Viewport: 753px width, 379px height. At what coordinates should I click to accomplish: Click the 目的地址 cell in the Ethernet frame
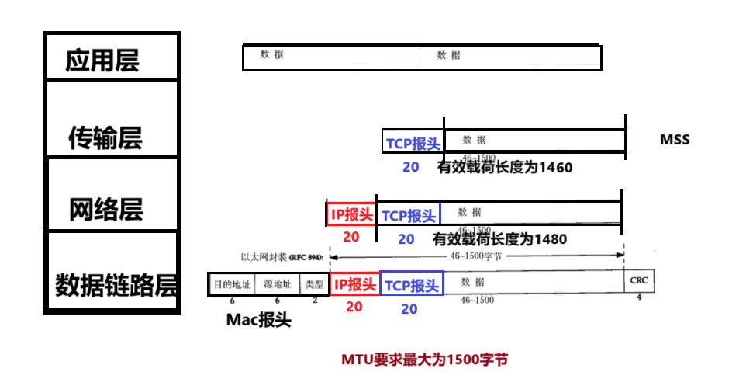tap(232, 284)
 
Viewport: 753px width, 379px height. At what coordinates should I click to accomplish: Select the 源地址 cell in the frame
tap(277, 284)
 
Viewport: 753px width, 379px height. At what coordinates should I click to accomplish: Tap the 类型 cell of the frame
tap(314, 284)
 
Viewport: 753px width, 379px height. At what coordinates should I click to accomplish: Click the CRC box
tap(639, 280)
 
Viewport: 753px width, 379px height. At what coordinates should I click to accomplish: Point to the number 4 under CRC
tap(639, 297)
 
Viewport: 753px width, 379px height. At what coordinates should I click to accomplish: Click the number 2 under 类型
tap(315, 300)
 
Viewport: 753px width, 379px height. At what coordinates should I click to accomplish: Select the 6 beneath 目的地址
tap(232, 301)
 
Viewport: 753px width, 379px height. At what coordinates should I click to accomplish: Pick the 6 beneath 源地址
tap(277, 301)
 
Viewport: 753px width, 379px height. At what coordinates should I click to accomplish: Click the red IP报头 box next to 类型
tap(354, 283)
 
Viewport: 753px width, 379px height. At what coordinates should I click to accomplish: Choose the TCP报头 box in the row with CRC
tap(411, 283)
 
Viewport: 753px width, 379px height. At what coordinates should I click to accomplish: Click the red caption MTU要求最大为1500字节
tap(425, 360)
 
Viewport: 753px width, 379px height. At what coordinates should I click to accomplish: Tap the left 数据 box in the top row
tap(331, 55)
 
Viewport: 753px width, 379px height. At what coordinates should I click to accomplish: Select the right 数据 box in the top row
tap(509, 55)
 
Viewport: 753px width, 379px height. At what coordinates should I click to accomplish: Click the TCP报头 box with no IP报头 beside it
tap(413, 143)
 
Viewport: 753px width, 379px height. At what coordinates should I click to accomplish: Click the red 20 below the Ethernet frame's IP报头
tap(354, 307)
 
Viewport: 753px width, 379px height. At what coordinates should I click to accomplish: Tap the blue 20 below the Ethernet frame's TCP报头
tap(409, 309)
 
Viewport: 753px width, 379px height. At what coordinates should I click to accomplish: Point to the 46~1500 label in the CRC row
tap(476, 300)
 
